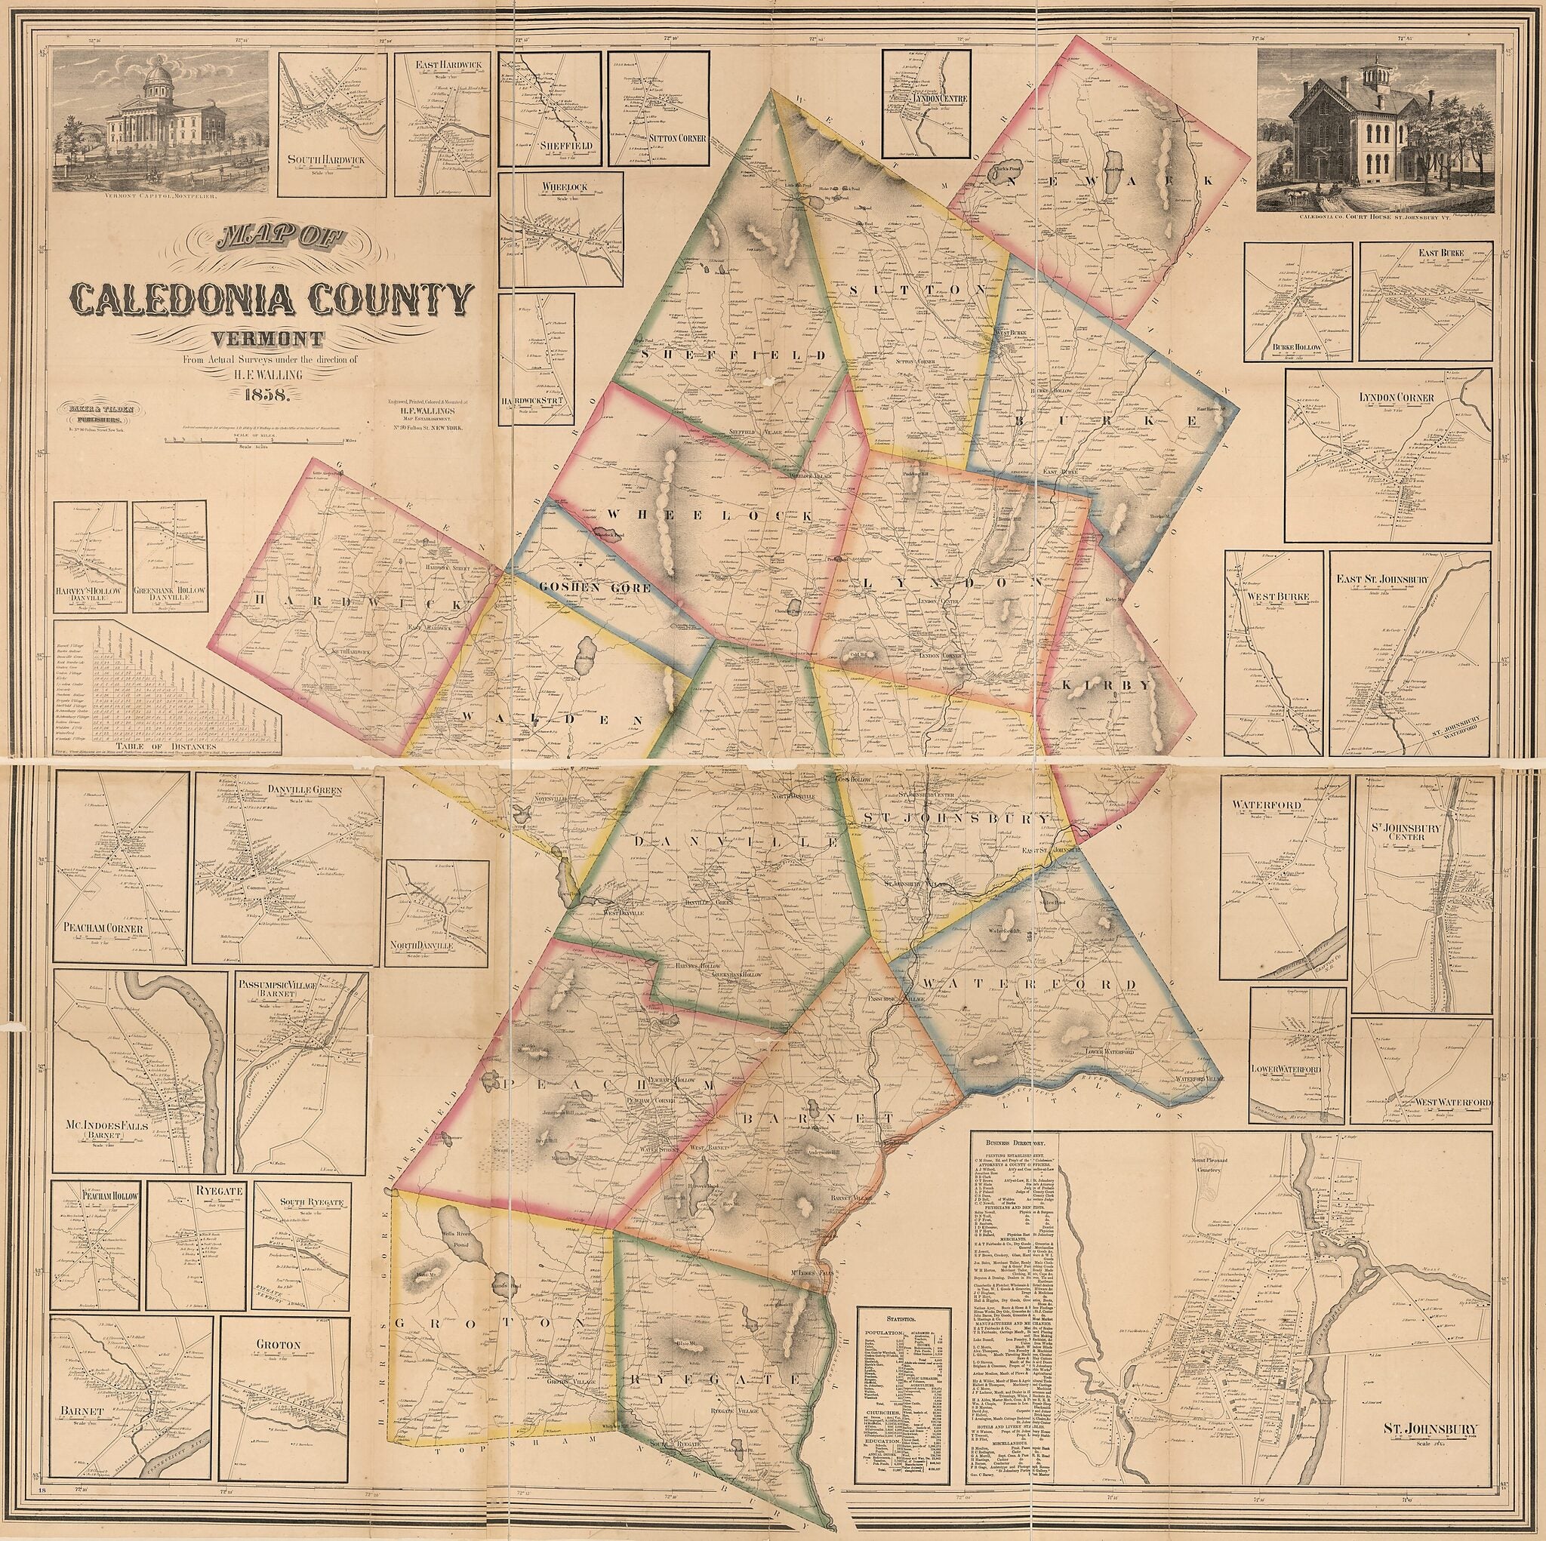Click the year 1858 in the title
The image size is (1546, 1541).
pos(268,393)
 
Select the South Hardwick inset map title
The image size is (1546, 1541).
pos(325,160)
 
